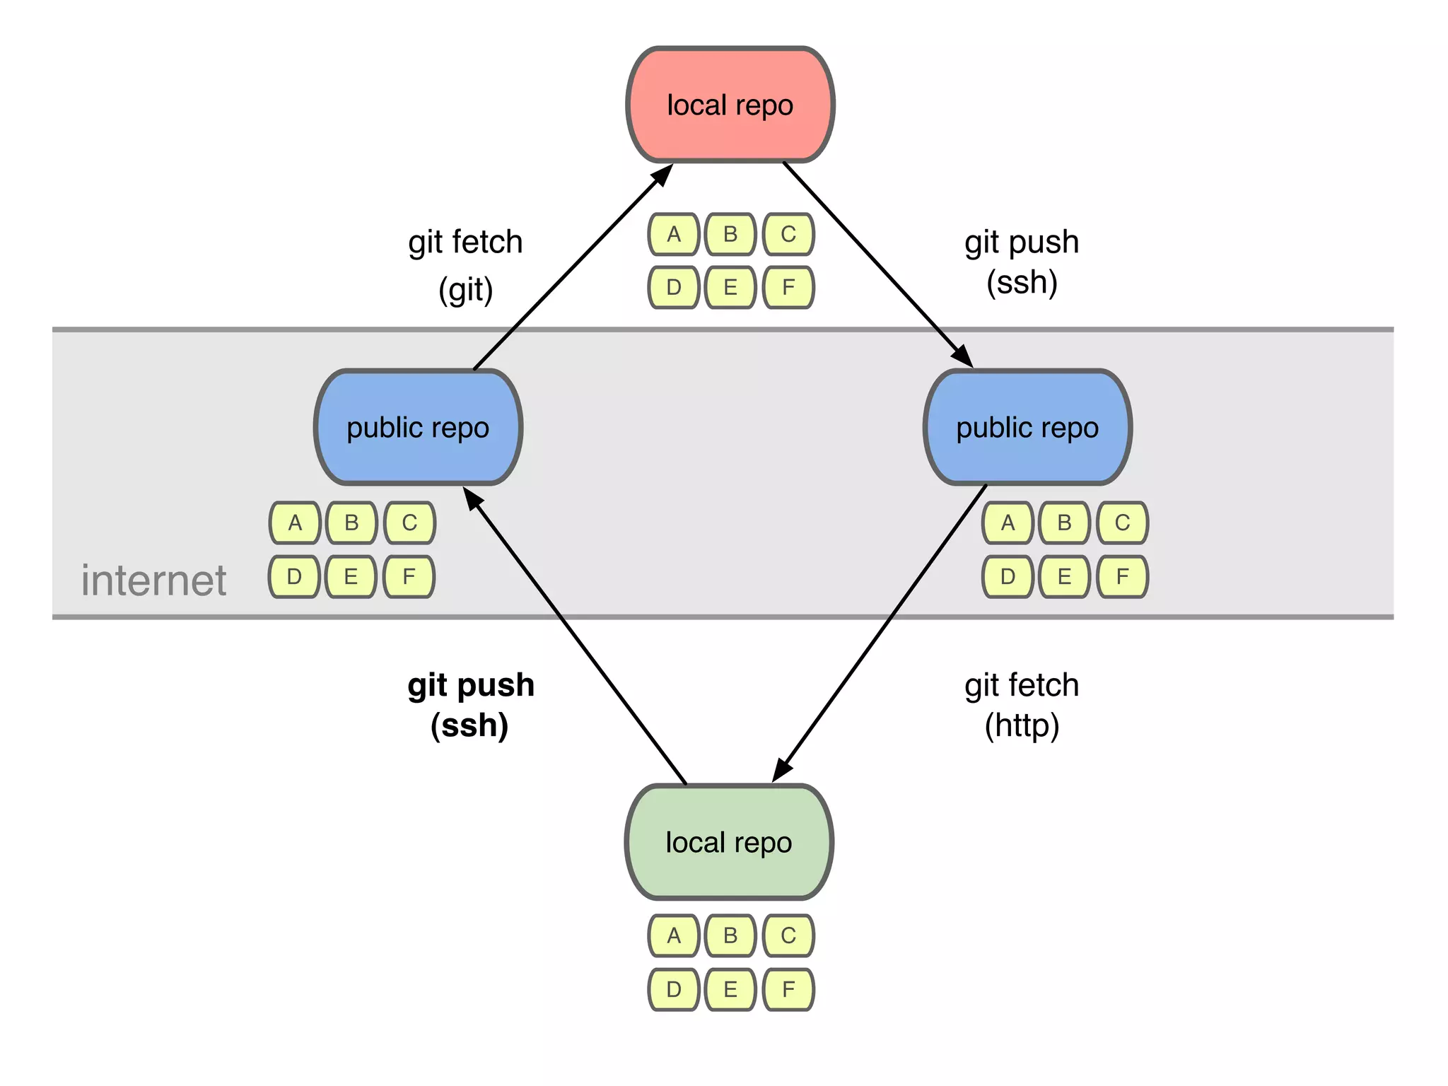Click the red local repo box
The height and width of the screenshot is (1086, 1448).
point(730,105)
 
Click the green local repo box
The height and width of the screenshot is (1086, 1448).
point(729,842)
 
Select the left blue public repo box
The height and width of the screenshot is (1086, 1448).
point(418,428)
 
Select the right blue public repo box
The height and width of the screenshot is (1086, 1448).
point(1027,428)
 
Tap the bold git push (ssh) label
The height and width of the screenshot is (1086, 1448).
point(470,705)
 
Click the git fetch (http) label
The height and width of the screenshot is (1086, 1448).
point(1022,705)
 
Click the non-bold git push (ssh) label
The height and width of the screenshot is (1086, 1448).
point(1022,262)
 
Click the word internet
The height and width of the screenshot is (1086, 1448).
point(153,580)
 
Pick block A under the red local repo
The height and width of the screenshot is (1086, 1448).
point(674,234)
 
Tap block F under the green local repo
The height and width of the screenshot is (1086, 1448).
point(788,989)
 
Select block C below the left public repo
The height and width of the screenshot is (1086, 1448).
point(409,522)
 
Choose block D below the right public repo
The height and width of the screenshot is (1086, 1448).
point(1008,576)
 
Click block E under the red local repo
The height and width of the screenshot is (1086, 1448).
point(730,287)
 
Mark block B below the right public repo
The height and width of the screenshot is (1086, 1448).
point(1064,522)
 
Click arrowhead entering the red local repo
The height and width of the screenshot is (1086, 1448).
point(662,175)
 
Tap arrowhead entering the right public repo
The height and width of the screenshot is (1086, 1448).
point(962,356)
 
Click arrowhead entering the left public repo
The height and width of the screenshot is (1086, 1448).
point(472,498)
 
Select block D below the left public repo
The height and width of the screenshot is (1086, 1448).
point(294,576)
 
